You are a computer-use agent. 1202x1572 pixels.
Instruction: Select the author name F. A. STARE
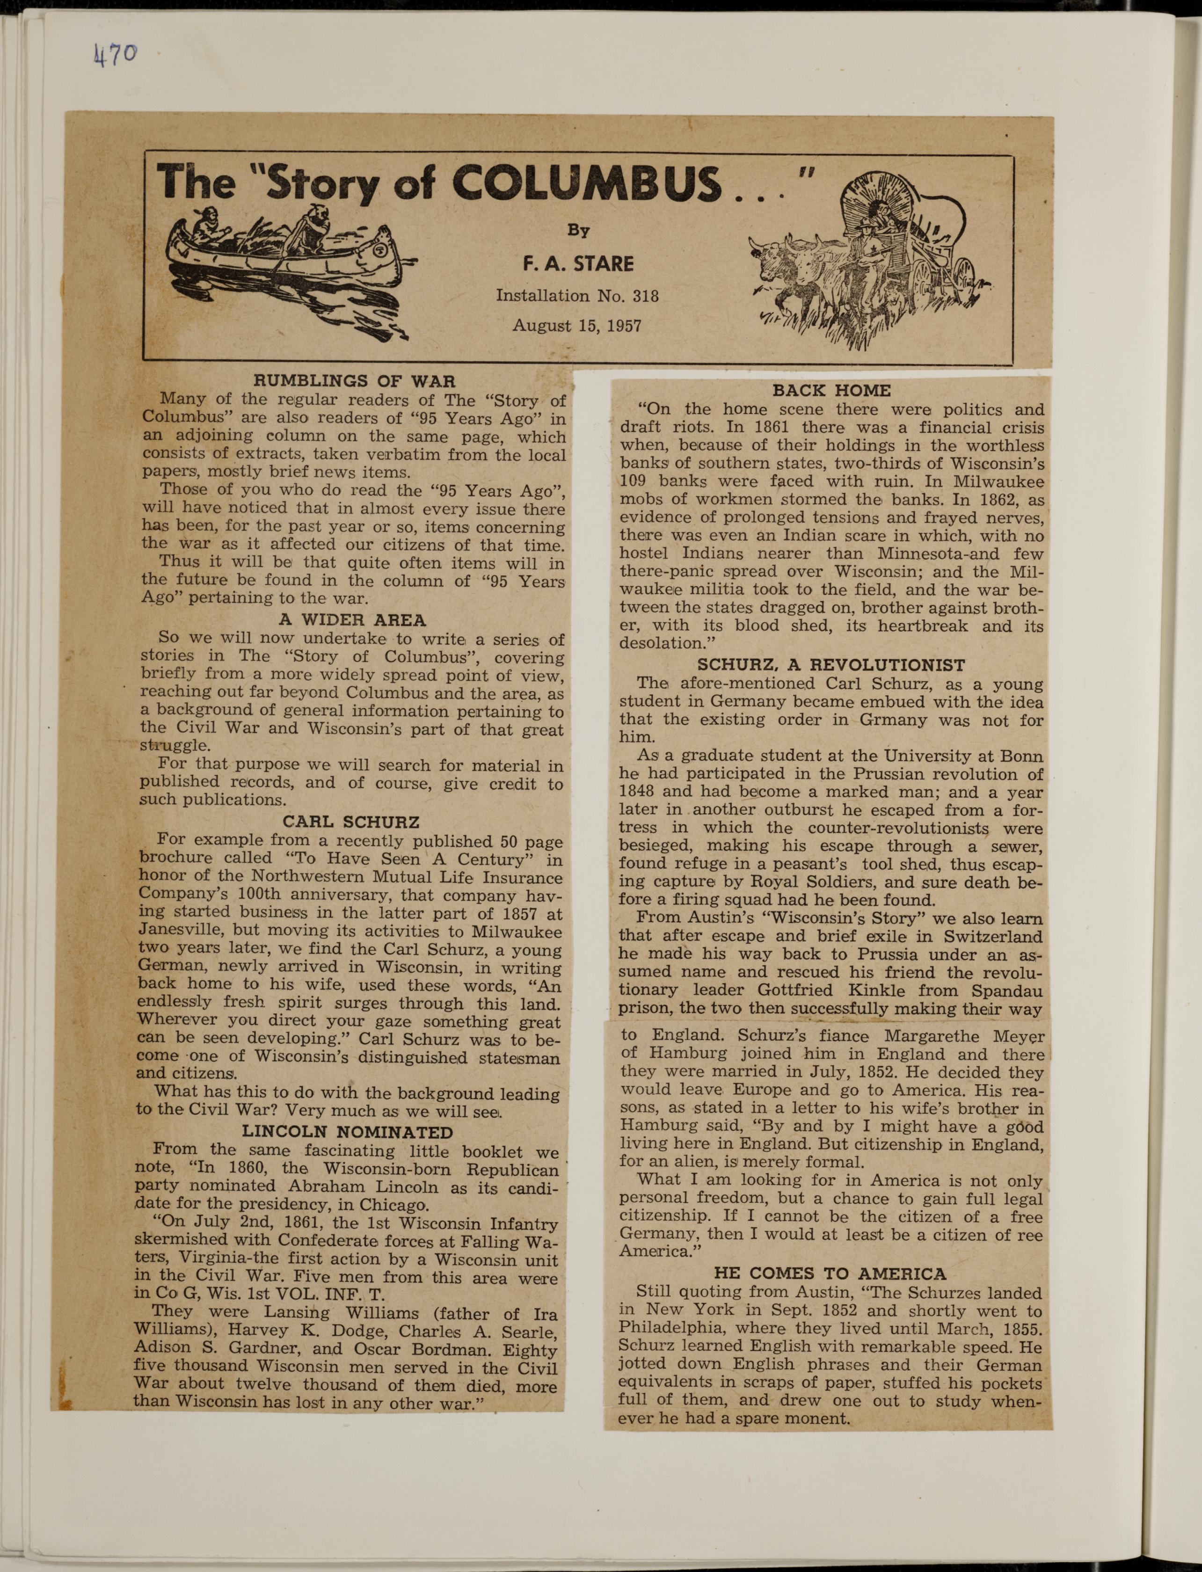[578, 264]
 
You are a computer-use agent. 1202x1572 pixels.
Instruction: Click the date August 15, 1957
[577, 326]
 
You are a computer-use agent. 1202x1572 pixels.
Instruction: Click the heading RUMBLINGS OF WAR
[355, 381]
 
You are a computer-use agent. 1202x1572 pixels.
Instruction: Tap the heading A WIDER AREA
[352, 619]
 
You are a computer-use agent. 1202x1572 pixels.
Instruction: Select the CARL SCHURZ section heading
[350, 822]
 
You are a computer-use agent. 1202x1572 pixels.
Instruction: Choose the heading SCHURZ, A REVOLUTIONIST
[830, 665]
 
